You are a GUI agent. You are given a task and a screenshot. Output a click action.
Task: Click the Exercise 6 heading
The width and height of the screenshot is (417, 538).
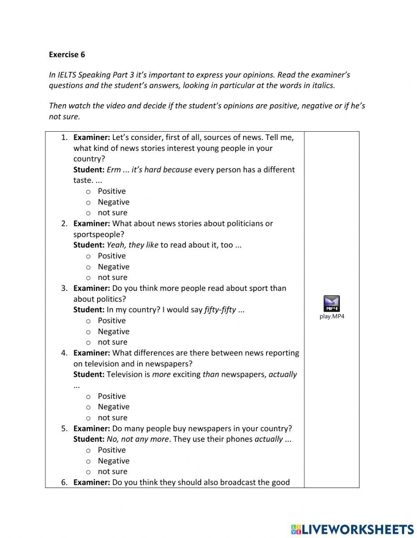click(67, 54)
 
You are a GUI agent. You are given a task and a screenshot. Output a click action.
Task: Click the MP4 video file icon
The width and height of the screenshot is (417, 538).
click(332, 303)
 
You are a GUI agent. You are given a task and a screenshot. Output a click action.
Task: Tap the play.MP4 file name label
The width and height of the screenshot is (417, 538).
click(332, 316)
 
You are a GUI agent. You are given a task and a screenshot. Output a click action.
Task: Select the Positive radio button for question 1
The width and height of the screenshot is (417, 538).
click(88, 192)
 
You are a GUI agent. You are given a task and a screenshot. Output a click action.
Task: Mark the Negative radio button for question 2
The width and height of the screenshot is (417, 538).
click(88, 267)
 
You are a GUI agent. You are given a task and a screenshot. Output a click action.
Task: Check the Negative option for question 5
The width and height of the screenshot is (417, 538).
click(88, 461)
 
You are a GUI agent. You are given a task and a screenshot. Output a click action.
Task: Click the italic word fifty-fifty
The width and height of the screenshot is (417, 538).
click(220, 310)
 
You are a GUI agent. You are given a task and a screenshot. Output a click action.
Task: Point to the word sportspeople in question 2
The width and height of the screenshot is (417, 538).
click(99, 234)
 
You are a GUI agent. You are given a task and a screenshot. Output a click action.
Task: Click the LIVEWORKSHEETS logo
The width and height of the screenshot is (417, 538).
click(352, 529)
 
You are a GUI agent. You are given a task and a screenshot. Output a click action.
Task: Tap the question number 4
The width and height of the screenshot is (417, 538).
click(64, 353)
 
